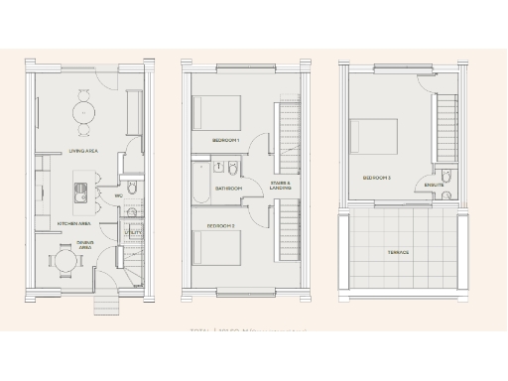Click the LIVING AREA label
tap(82, 151)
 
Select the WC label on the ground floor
tap(119, 195)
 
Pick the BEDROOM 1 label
tap(226, 141)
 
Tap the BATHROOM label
tap(230, 188)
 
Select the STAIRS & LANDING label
tap(282, 186)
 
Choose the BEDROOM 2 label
tap(220, 226)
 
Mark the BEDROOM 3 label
tap(376, 178)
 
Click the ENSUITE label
tap(434, 186)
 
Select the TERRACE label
tap(398, 252)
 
